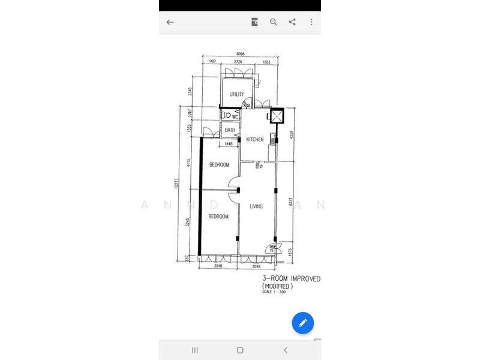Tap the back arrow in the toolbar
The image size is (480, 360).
(170, 22)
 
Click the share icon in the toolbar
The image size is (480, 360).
(292, 22)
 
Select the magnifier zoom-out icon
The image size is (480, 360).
(274, 22)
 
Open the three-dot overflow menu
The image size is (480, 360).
(311, 22)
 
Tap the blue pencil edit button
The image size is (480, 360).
(303, 323)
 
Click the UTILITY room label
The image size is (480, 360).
(236, 94)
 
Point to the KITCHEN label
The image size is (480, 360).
(255, 140)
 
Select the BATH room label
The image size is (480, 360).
(230, 130)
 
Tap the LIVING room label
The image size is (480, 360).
(257, 206)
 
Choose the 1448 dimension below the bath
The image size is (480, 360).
(228, 144)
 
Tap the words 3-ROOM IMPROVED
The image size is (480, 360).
(291, 280)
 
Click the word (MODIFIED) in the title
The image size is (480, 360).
(277, 287)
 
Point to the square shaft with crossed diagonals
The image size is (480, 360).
(277, 116)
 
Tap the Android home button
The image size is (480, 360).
(240, 350)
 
